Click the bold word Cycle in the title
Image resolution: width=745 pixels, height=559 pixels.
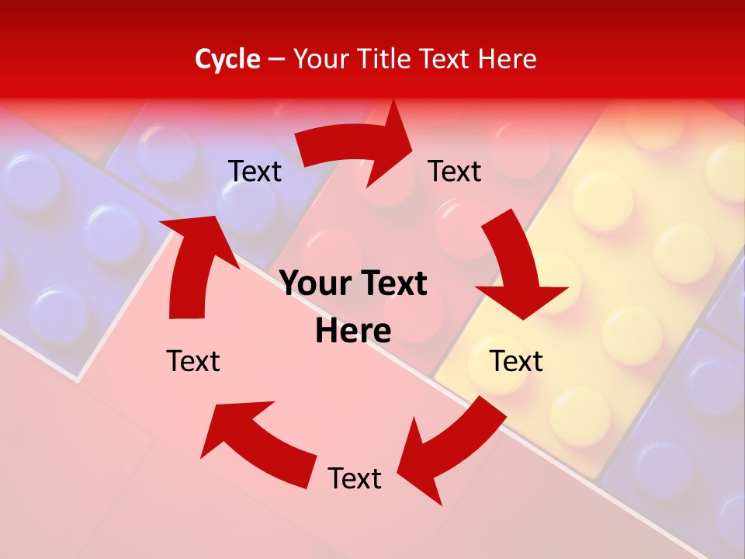[227, 59]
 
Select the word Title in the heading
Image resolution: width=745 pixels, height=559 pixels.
[386, 59]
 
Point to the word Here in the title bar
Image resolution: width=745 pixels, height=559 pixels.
[508, 59]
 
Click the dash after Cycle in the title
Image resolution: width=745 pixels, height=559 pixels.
[275, 59]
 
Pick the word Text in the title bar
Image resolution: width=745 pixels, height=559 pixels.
[445, 59]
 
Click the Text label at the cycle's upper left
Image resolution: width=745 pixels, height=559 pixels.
[255, 171]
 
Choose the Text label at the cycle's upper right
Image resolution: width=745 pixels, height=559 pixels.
[455, 171]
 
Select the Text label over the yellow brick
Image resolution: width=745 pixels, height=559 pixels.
[516, 361]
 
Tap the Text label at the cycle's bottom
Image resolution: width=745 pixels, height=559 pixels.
[355, 478]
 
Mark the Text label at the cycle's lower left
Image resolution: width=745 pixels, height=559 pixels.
[193, 361]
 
